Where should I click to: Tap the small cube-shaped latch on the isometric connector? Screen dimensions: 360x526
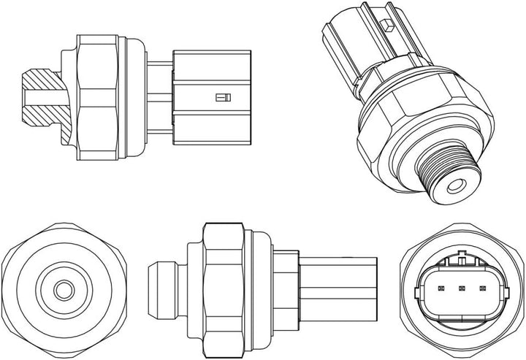(x=389, y=26)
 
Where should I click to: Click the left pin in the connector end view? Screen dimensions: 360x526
(x=441, y=288)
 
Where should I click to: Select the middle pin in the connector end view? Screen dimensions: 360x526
(x=462, y=288)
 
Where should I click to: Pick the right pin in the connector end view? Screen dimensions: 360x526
(x=483, y=288)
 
